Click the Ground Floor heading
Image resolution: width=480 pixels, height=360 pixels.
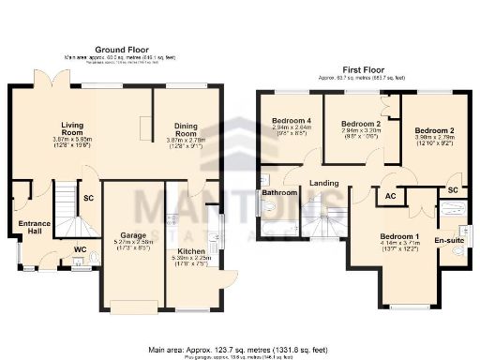pos(122,49)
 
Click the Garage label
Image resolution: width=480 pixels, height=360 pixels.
pos(131,234)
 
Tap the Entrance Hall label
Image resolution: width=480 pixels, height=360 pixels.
pos(33,229)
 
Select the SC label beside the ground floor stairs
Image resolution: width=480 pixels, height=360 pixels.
pos(88,199)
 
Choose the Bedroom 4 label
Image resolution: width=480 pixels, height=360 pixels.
pos(292,121)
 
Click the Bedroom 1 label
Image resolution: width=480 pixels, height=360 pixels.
pos(399,235)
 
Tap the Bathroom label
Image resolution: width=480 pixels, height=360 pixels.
pos(278,193)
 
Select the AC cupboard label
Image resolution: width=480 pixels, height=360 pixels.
pos(391,197)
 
